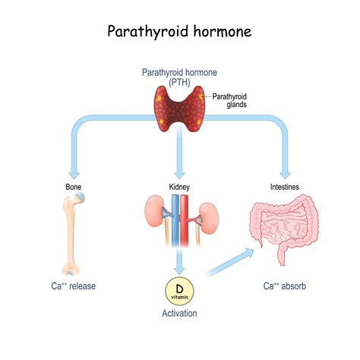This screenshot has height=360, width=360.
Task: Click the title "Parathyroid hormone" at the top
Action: coord(179,32)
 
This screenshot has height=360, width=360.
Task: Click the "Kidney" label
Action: coord(179,186)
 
